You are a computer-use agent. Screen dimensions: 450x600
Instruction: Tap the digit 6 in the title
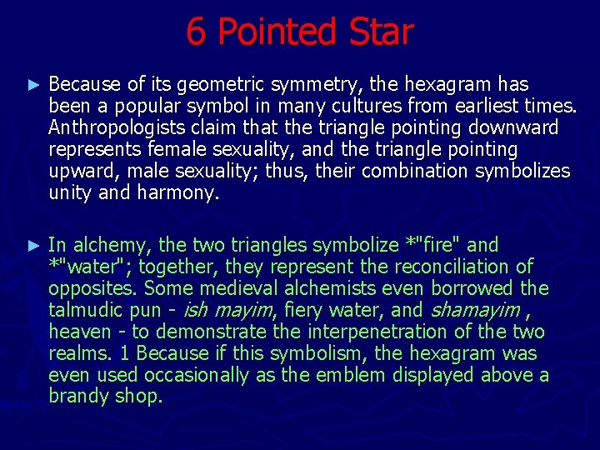pyautogui.click(x=195, y=32)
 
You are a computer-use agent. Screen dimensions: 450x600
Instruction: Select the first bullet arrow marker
pyautogui.click(x=33, y=85)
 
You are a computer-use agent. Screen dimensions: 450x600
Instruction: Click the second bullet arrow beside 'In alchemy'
pyautogui.click(x=33, y=246)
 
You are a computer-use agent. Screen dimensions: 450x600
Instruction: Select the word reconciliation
pyautogui.click(x=449, y=267)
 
